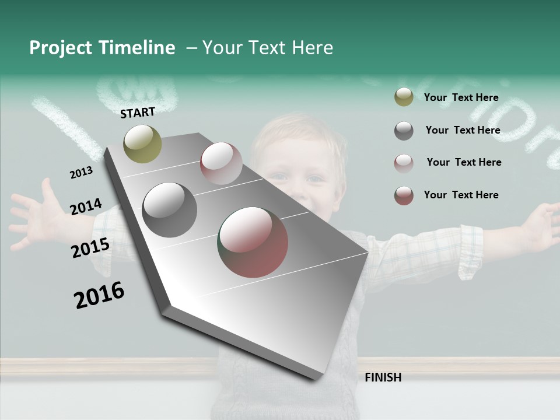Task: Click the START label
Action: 138,113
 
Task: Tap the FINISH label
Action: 383,377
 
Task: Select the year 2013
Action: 82,173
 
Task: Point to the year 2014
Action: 86,207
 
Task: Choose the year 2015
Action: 90,248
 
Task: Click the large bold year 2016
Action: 99,295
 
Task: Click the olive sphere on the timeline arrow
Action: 142,143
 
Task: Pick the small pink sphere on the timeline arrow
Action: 221,163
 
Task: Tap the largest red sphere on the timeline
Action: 253,242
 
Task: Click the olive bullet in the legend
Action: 404,97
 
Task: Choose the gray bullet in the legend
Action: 404,131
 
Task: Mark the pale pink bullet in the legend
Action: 404,163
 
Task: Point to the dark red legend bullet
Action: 404,195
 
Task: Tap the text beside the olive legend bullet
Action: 461,97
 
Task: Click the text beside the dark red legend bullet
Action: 461,195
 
